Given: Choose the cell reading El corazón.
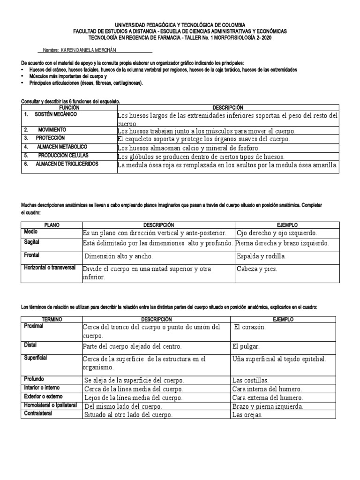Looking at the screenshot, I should [249, 327].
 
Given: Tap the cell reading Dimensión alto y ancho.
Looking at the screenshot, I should [119, 256].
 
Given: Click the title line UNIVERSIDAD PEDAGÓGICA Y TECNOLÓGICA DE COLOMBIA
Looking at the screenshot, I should [180, 24].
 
